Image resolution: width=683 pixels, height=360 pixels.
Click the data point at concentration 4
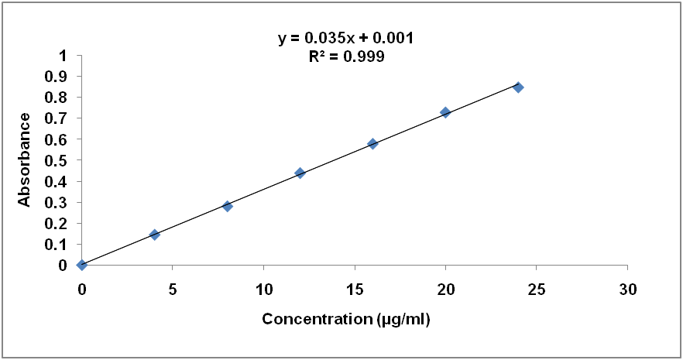(155, 235)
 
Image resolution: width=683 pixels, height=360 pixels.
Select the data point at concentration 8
(228, 207)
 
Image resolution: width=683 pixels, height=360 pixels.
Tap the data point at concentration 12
(300, 173)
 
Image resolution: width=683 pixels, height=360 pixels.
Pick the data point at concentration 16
(372, 144)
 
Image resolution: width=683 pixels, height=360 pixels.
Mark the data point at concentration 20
(445, 112)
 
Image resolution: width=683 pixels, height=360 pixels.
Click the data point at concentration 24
(518, 87)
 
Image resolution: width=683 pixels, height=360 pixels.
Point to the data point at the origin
(82, 265)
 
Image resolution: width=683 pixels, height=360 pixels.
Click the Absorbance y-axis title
(25, 160)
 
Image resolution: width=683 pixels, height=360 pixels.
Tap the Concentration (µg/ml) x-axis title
(345, 319)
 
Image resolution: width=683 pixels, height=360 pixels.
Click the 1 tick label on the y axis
(63, 56)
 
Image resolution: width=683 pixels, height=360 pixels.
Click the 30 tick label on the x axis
(627, 290)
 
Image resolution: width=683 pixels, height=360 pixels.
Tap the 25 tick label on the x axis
(537, 290)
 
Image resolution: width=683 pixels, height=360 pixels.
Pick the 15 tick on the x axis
(355, 290)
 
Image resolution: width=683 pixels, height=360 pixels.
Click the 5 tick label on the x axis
(173, 290)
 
